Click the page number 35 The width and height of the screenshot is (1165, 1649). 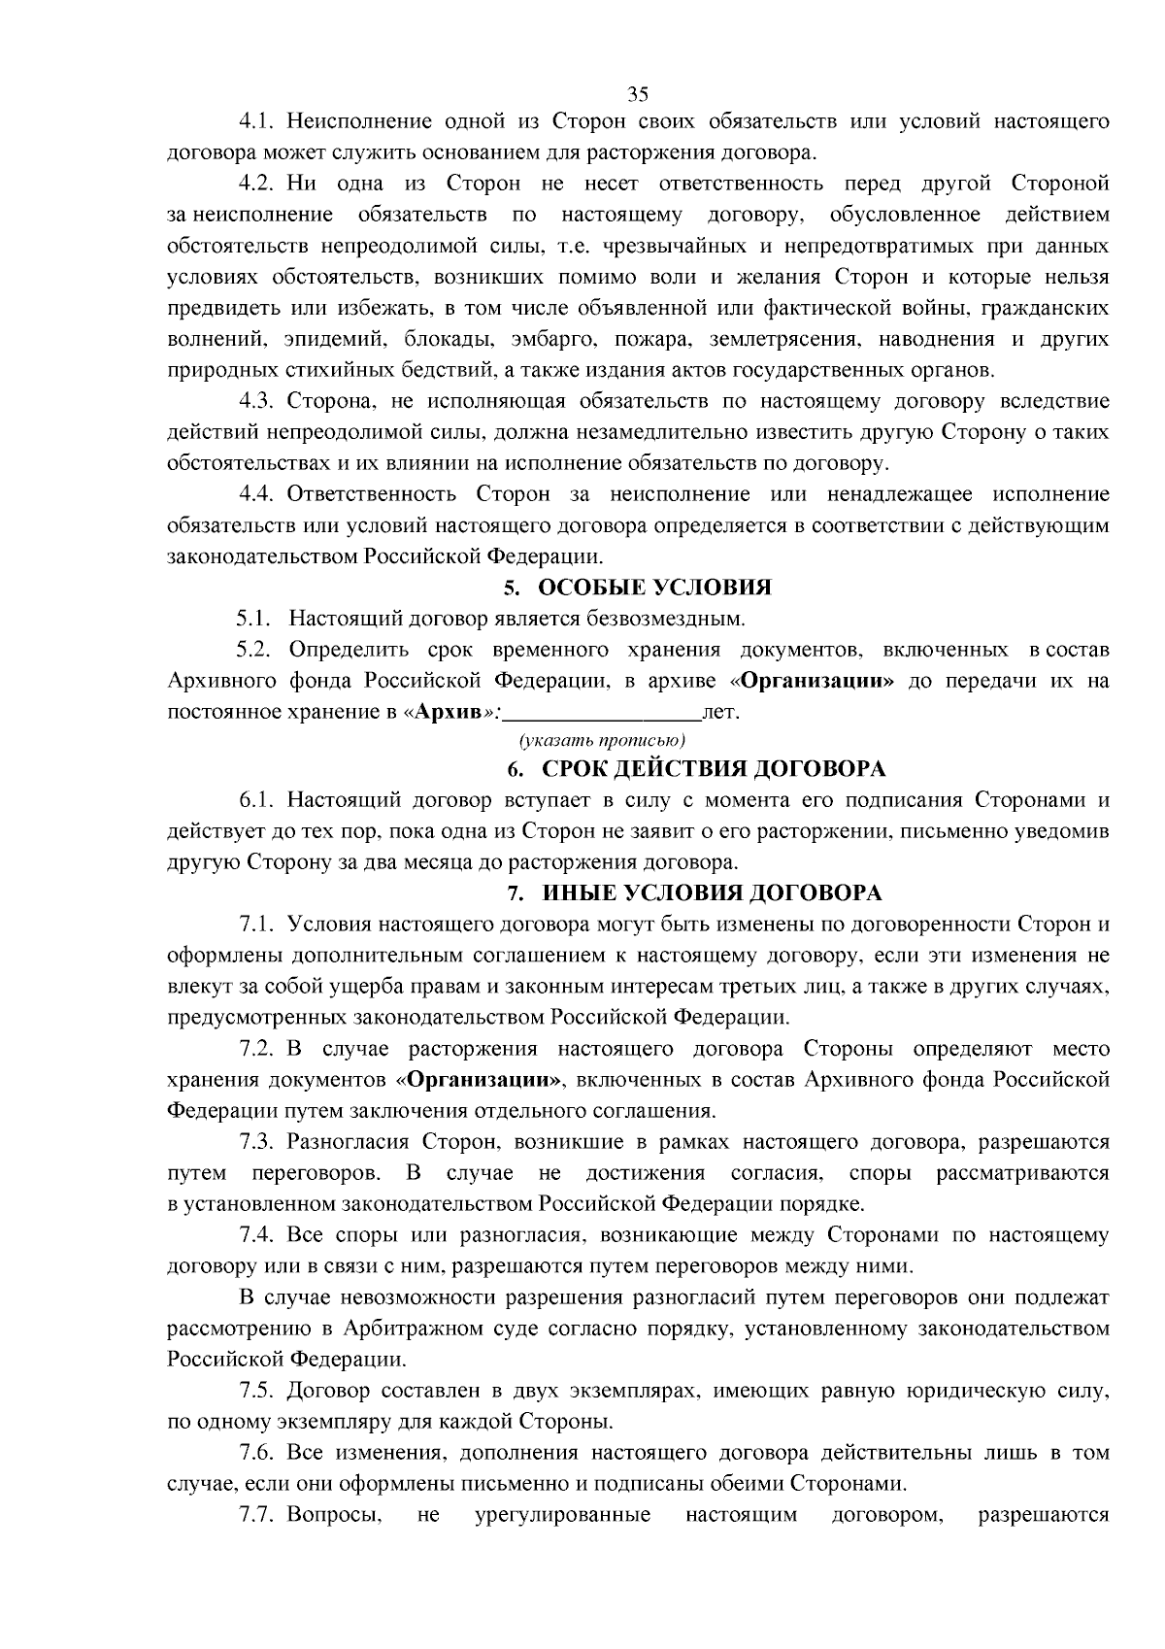tap(638, 94)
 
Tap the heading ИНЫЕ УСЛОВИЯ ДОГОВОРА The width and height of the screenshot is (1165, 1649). tap(712, 892)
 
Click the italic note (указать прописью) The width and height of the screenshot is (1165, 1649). tap(602, 741)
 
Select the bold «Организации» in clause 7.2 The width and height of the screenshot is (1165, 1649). tap(481, 1080)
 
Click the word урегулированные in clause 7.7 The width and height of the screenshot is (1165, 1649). tap(562, 1515)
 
